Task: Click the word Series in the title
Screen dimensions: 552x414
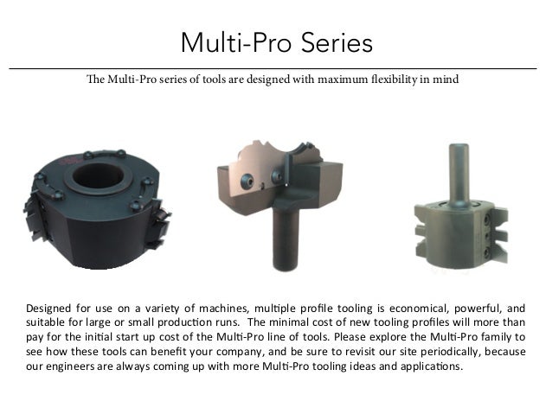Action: pos(337,42)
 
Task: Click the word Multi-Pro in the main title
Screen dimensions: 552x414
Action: pos(236,42)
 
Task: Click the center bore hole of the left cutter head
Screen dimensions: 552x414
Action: pos(99,175)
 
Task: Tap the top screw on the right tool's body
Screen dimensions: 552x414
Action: pos(487,220)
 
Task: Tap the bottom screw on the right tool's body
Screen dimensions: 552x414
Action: pos(487,252)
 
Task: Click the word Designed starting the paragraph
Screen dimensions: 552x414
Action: pos(48,309)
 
